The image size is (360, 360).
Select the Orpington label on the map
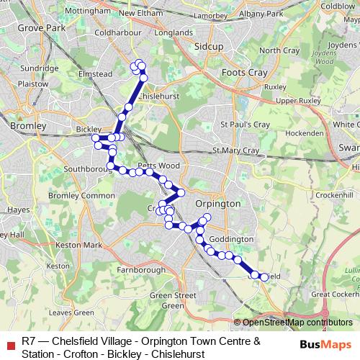coord(218,204)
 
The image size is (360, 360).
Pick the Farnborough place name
coord(140,270)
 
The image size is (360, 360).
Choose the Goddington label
coord(233,239)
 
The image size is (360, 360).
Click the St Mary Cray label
coord(235,150)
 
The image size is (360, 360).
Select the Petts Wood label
coord(153,166)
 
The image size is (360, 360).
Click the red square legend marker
coord(9,342)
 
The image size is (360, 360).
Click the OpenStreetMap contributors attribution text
coord(294,323)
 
